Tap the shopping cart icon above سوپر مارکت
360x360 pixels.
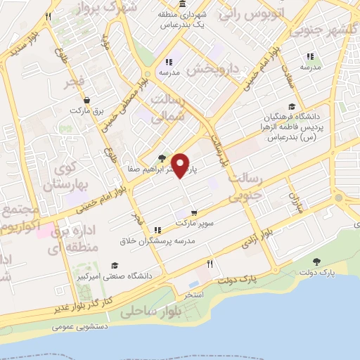click(193, 212)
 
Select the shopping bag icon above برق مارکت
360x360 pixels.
click(86, 101)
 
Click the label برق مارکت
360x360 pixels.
click(86, 111)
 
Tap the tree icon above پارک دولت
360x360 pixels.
click(317, 261)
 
